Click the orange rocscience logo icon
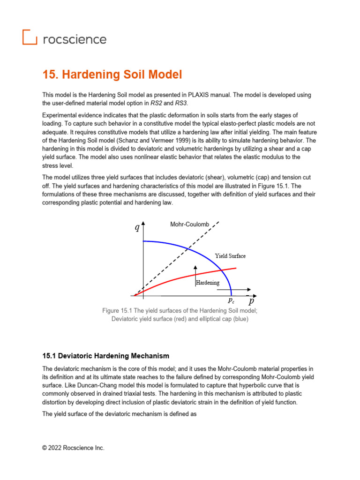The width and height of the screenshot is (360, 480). tap(30, 37)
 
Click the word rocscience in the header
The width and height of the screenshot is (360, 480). tap(75, 39)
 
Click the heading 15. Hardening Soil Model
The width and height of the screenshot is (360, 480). tap(112, 75)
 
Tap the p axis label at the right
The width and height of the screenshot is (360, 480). tap(252, 301)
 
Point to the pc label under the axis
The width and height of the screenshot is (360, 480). tap(232, 301)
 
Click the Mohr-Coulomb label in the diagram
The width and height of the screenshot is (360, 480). tap(189, 225)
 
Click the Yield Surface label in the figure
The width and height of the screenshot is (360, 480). tap(230, 256)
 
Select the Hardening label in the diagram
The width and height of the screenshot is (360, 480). tap(207, 283)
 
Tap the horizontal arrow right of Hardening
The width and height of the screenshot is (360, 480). tap(239, 289)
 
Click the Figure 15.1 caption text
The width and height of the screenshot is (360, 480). tap(180, 315)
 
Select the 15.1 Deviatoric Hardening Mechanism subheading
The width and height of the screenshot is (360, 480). tap(105, 356)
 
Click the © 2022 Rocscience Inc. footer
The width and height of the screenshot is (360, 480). tap(73, 448)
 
